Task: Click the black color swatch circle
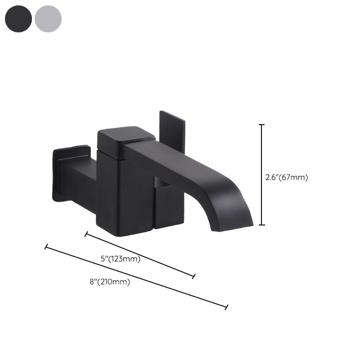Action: click(x=18, y=19)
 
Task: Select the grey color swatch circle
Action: click(x=48, y=19)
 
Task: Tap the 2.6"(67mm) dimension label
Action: click(x=287, y=177)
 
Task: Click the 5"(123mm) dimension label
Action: click(x=120, y=259)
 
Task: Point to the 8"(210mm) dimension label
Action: click(x=109, y=282)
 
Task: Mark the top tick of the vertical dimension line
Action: click(x=262, y=125)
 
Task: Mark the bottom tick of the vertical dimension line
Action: click(x=262, y=225)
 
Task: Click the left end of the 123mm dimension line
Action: click(x=86, y=234)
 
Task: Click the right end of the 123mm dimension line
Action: click(x=194, y=276)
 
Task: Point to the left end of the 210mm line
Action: click(x=46, y=247)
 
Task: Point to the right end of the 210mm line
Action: click(x=226, y=307)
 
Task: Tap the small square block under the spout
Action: click(x=169, y=207)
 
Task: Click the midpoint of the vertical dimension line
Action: click(x=262, y=175)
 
